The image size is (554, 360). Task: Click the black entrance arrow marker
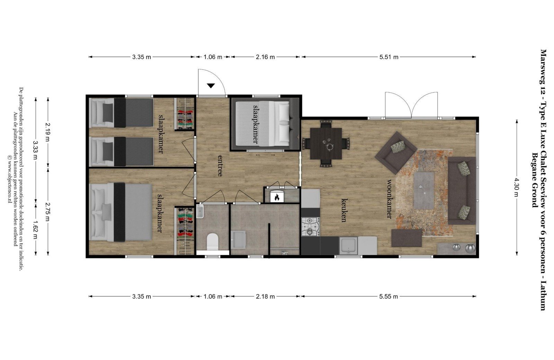tap(211, 86)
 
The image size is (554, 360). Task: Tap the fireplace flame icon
tap(277, 197)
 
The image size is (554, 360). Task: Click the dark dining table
tap(326, 143)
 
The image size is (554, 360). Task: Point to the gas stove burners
tap(310, 226)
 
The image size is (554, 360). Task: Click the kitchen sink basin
tap(348, 245)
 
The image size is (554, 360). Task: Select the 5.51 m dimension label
tap(389, 57)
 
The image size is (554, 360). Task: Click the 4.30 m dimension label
tap(517, 187)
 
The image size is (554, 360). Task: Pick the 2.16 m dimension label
tap(265, 57)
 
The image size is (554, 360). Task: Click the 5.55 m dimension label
tap(388, 296)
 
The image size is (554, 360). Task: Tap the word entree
tap(220, 166)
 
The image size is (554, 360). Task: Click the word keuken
tap(344, 210)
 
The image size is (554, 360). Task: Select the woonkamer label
tap(389, 199)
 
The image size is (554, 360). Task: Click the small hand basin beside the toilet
tap(200, 211)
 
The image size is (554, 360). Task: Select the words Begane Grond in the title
tap(535, 180)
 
